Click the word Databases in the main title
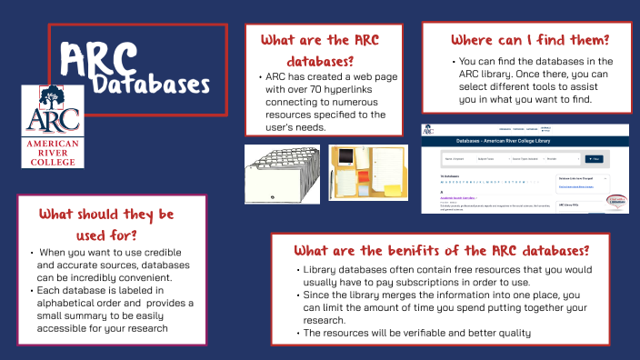pos(151,85)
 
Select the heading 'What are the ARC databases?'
pos(320,50)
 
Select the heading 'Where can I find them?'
pos(530,40)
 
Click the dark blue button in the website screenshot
pos(595,158)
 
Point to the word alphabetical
pos(71,303)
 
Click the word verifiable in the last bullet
pos(424,333)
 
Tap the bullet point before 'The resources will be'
pos(299,333)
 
